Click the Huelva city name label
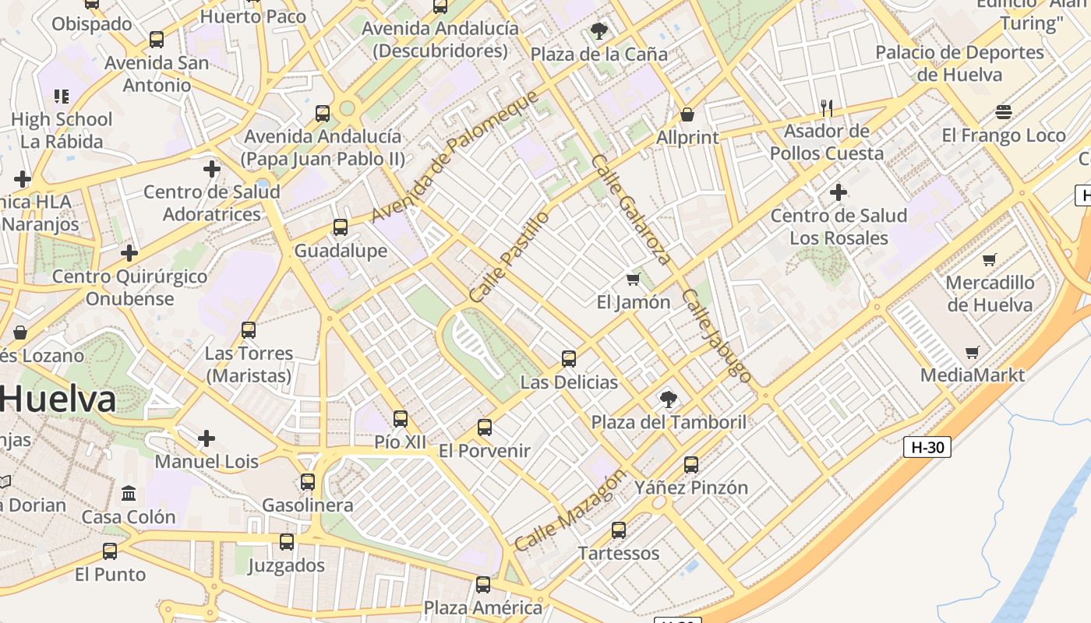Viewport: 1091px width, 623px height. tap(58, 399)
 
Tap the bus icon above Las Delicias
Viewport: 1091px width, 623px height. tap(569, 359)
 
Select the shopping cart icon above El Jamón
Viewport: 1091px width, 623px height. tap(633, 279)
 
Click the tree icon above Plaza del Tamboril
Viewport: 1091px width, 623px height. tap(668, 399)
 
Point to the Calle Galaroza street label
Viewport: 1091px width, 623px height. tap(630, 209)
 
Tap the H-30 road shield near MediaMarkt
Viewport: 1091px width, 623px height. tap(927, 448)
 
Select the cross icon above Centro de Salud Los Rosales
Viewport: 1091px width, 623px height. tap(839, 192)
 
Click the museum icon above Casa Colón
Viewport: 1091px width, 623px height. tap(129, 494)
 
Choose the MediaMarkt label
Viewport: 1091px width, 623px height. tap(973, 375)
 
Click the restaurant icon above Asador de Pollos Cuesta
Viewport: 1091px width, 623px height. tap(827, 108)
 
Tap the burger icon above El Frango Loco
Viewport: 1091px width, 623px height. tap(1004, 112)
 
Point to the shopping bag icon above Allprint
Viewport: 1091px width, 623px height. tap(687, 115)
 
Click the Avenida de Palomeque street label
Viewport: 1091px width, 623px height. tap(454, 156)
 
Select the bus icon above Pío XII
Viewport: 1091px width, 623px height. tap(401, 419)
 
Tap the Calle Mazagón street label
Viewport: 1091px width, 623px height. tap(570, 511)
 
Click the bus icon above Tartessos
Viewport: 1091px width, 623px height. tap(619, 530)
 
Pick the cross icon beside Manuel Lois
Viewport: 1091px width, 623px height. tap(207, 438)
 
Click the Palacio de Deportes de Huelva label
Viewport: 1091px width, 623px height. tap(959, 64)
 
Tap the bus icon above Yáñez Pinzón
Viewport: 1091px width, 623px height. tap(691, 465)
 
